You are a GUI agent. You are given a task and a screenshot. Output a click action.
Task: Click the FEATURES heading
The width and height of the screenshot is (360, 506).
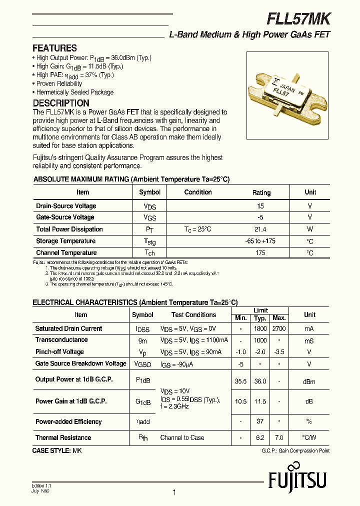click(54, 48)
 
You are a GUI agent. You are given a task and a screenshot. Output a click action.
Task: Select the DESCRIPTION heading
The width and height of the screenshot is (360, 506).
click(61, 103)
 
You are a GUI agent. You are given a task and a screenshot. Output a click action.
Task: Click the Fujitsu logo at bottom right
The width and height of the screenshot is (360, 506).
click(297, 480)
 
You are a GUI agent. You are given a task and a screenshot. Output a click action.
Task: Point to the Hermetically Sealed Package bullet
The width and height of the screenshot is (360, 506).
click(75, 92)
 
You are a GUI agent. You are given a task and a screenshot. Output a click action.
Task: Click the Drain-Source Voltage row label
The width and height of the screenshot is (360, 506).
click(66, 206)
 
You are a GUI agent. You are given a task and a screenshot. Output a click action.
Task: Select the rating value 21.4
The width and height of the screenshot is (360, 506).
click(260, 229)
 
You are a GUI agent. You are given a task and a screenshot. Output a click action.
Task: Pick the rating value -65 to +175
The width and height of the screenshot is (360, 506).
click(260, 241)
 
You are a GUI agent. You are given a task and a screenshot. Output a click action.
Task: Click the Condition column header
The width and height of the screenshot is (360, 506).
click(198, 192)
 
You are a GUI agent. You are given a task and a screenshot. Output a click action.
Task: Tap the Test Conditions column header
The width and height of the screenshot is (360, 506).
click(193, 315)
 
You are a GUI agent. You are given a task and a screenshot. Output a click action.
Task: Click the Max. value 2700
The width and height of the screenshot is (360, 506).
click(278, 328)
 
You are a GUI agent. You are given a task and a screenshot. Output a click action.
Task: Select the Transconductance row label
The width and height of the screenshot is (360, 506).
click(61, 340)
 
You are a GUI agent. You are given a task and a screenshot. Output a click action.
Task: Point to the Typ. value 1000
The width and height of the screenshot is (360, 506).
click(260, 340)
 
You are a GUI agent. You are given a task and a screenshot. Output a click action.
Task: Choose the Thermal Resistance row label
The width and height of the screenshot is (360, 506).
click(63, 437)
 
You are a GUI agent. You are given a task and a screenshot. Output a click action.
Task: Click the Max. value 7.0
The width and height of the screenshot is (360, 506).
click(278, 437)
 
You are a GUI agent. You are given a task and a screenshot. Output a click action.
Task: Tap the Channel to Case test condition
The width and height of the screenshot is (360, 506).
click(182, 437)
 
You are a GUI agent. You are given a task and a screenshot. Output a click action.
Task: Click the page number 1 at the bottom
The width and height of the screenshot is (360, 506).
click(174, 492)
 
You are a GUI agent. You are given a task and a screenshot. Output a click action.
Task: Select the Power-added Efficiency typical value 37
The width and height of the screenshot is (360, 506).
click(260, 421)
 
